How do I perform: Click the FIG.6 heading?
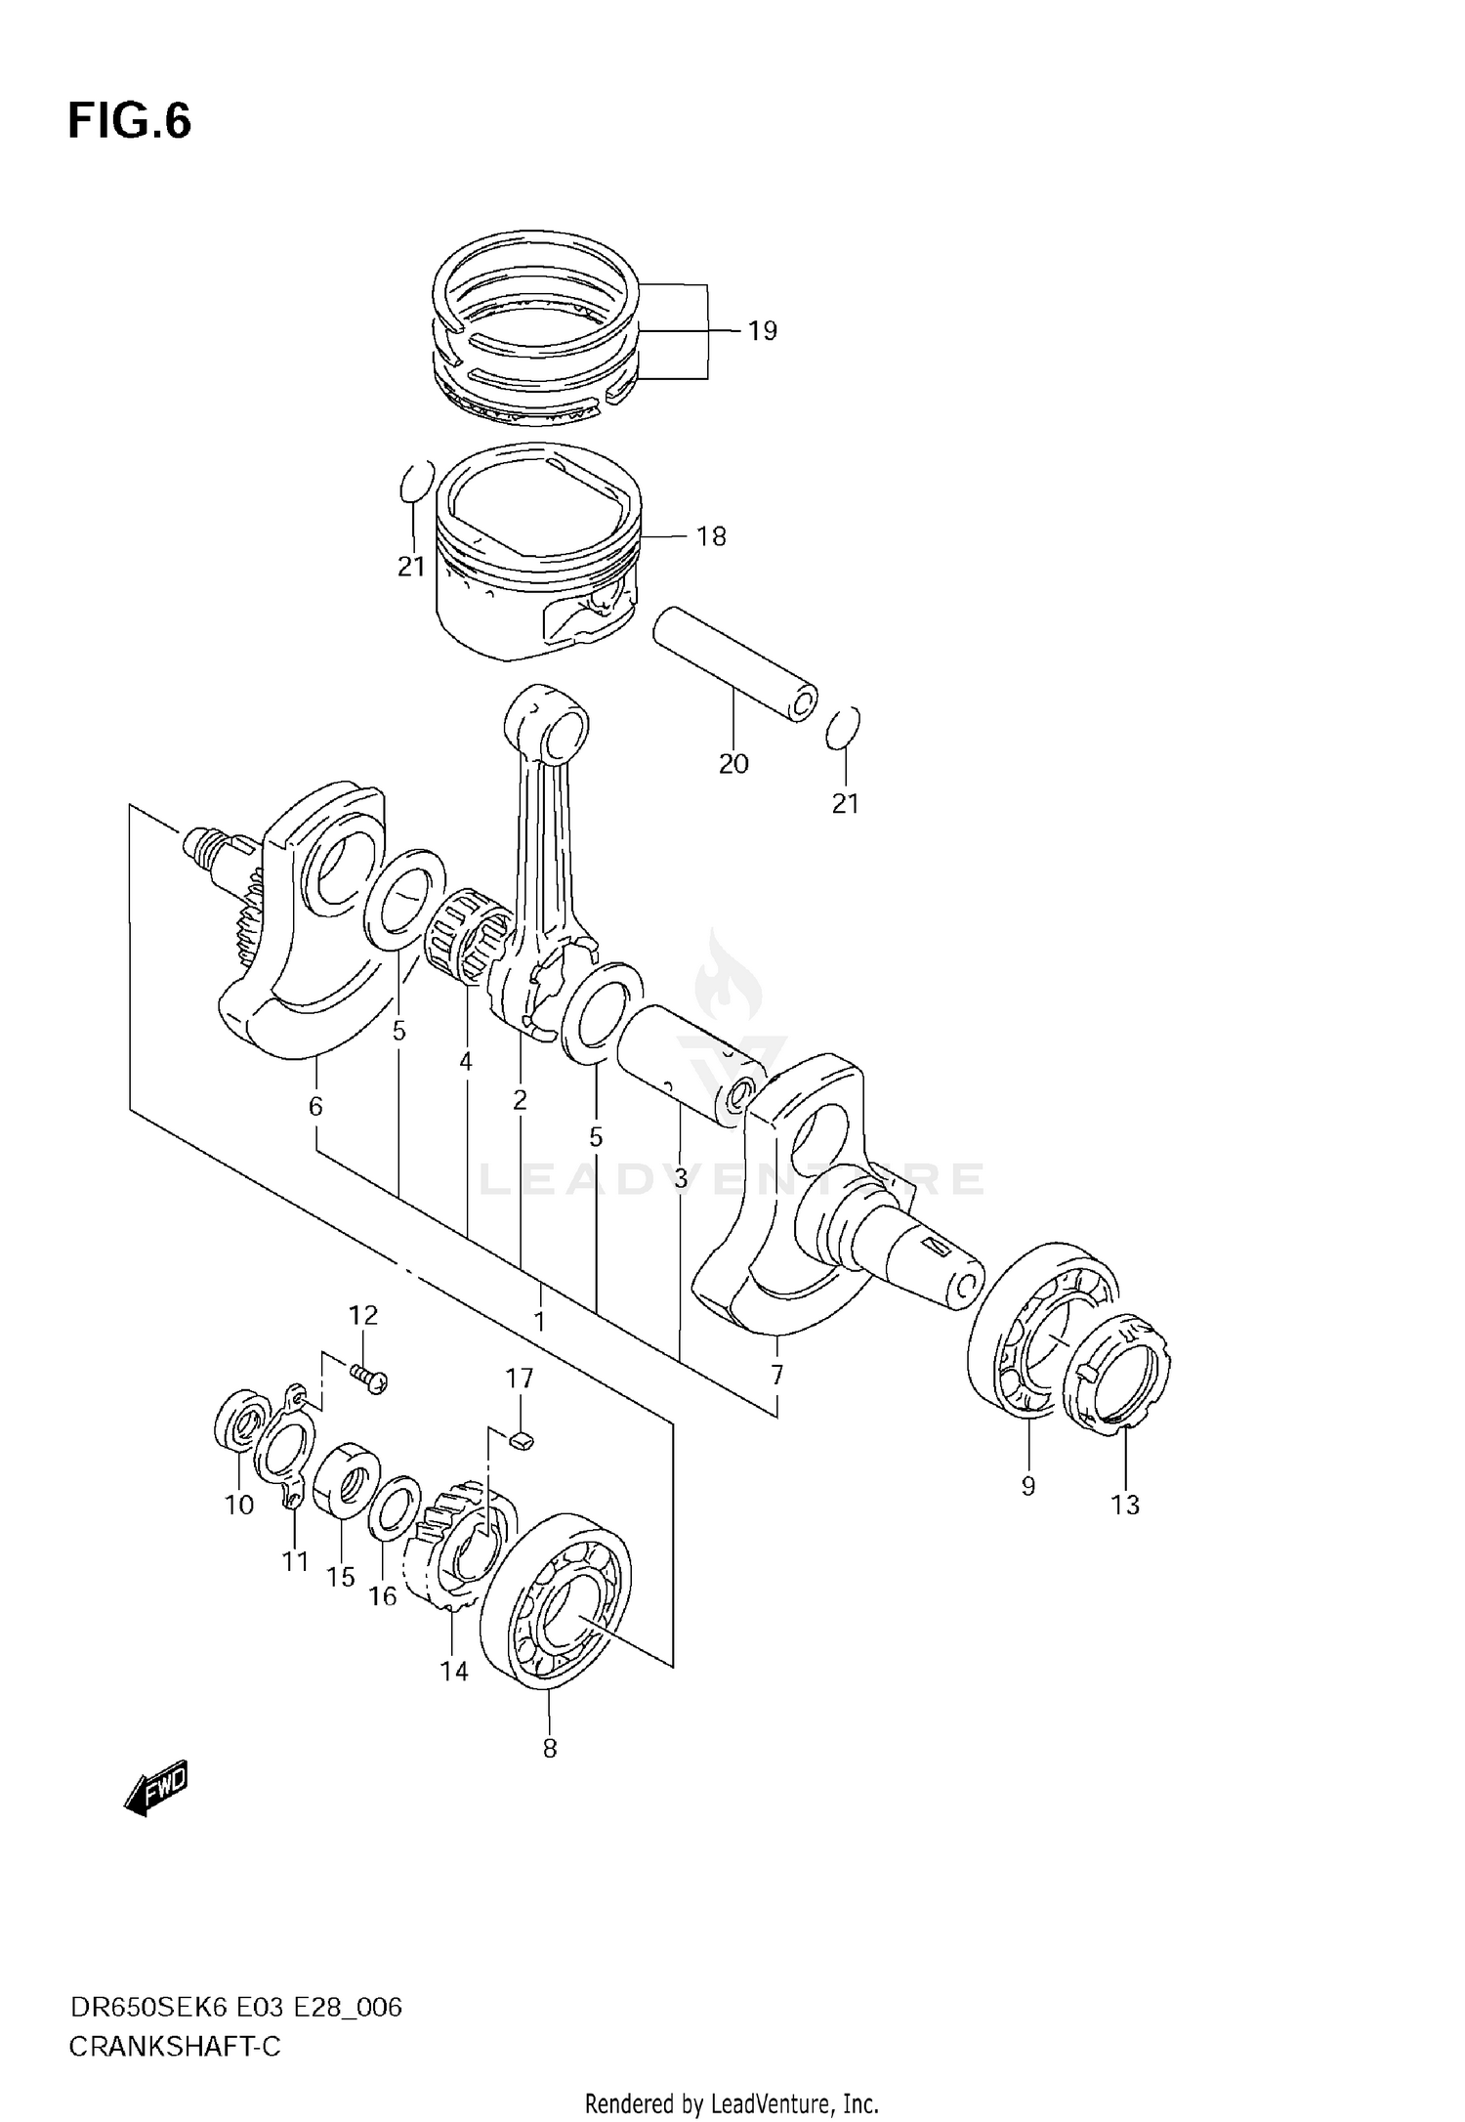pos(130,122)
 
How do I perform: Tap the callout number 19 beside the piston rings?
pos(762,331)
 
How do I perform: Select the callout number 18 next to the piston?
pos(711,536)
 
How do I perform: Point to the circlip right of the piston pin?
pos(843,728)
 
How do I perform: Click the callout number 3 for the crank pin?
pos(681,1179)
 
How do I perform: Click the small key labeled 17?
pos(523,1437)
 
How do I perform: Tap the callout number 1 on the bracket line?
pos(539,1322)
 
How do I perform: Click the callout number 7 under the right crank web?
pos(776,1376)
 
